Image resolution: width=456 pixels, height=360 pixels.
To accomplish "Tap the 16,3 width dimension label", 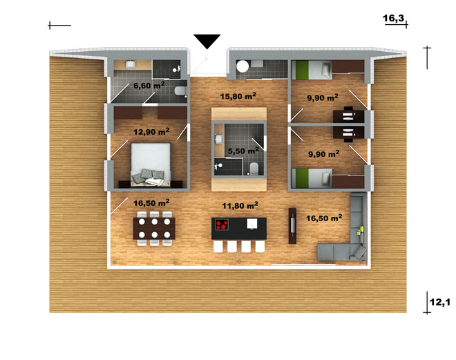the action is (393, 19).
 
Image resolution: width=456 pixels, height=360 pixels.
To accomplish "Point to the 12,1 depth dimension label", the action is (439, 302).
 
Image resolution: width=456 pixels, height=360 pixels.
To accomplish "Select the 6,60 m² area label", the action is (149, 85).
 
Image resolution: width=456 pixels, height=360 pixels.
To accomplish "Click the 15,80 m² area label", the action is (238, 96).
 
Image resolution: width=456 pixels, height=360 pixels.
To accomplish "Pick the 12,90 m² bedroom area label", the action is (151, 132).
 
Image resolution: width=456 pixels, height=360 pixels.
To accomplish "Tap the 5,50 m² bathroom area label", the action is (243, 151).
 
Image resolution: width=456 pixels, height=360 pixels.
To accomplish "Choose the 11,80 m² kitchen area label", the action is (240, 206).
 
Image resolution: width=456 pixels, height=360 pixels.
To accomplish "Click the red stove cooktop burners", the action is (222, 225).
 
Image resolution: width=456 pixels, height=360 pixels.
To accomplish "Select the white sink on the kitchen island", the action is (252, 224).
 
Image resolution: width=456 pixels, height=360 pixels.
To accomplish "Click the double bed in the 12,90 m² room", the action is (151, 164).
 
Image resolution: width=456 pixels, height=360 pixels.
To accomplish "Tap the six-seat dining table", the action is (154, 228).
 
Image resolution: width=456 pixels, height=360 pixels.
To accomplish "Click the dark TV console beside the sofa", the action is (292, 226).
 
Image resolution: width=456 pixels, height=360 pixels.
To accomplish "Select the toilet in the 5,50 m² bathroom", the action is (254, 169).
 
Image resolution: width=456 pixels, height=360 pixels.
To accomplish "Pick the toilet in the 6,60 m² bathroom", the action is (180, 91).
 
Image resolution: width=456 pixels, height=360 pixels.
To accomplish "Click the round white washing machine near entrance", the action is (243, 66).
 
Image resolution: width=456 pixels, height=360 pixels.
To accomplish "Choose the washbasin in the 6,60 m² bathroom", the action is (131, 64).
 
